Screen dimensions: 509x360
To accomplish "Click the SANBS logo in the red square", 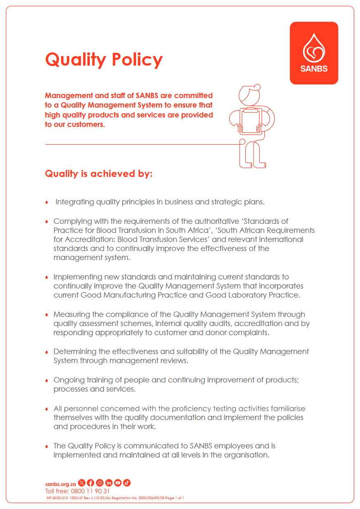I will pyautogui.click(x=314, y=53).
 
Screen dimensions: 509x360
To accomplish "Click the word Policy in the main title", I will pyautogui.click(x=136, y=60).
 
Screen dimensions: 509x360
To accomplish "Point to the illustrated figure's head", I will pyautogui.click(x=248, y=94).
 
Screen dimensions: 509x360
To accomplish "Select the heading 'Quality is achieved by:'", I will pyautogui.click(x=99, y=174).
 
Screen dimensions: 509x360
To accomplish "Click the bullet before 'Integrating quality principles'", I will pyautogui.click(x=47, y=202).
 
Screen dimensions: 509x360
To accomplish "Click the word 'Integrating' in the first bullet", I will pyautogui.click(x=75, y=202).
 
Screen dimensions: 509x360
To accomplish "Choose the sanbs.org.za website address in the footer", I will pyautogui.click(x=60, y=483).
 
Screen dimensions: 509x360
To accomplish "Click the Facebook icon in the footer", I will pyautogui.click(x=90, y=483).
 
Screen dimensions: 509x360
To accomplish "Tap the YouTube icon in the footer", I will pyautogui.click(x=118, y=483).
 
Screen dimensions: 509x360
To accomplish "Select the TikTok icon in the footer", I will pyautogui.click(x=127, y=483).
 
